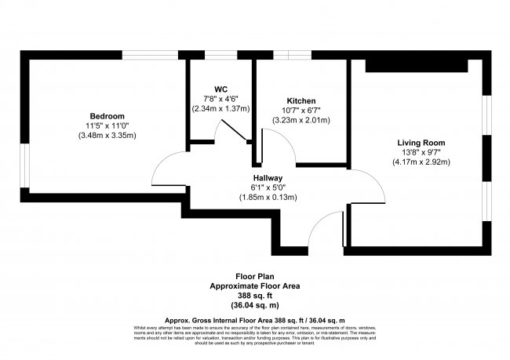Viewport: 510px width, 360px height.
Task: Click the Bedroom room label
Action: coord(107,116)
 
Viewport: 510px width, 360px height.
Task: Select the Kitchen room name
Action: coord(301,101)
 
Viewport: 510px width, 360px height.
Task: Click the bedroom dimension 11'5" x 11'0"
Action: coord(107,125)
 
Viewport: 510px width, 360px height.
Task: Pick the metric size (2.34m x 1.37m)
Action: coord(221,108)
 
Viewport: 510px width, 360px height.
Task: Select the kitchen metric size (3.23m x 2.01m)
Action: coord(301,120)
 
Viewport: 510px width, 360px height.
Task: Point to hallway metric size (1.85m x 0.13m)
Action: coord(268,197)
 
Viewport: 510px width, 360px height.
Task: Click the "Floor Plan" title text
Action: coord(255,277)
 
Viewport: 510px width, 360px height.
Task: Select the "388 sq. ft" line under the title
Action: coord(255,296)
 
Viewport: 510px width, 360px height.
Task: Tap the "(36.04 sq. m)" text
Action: coord(255,305)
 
